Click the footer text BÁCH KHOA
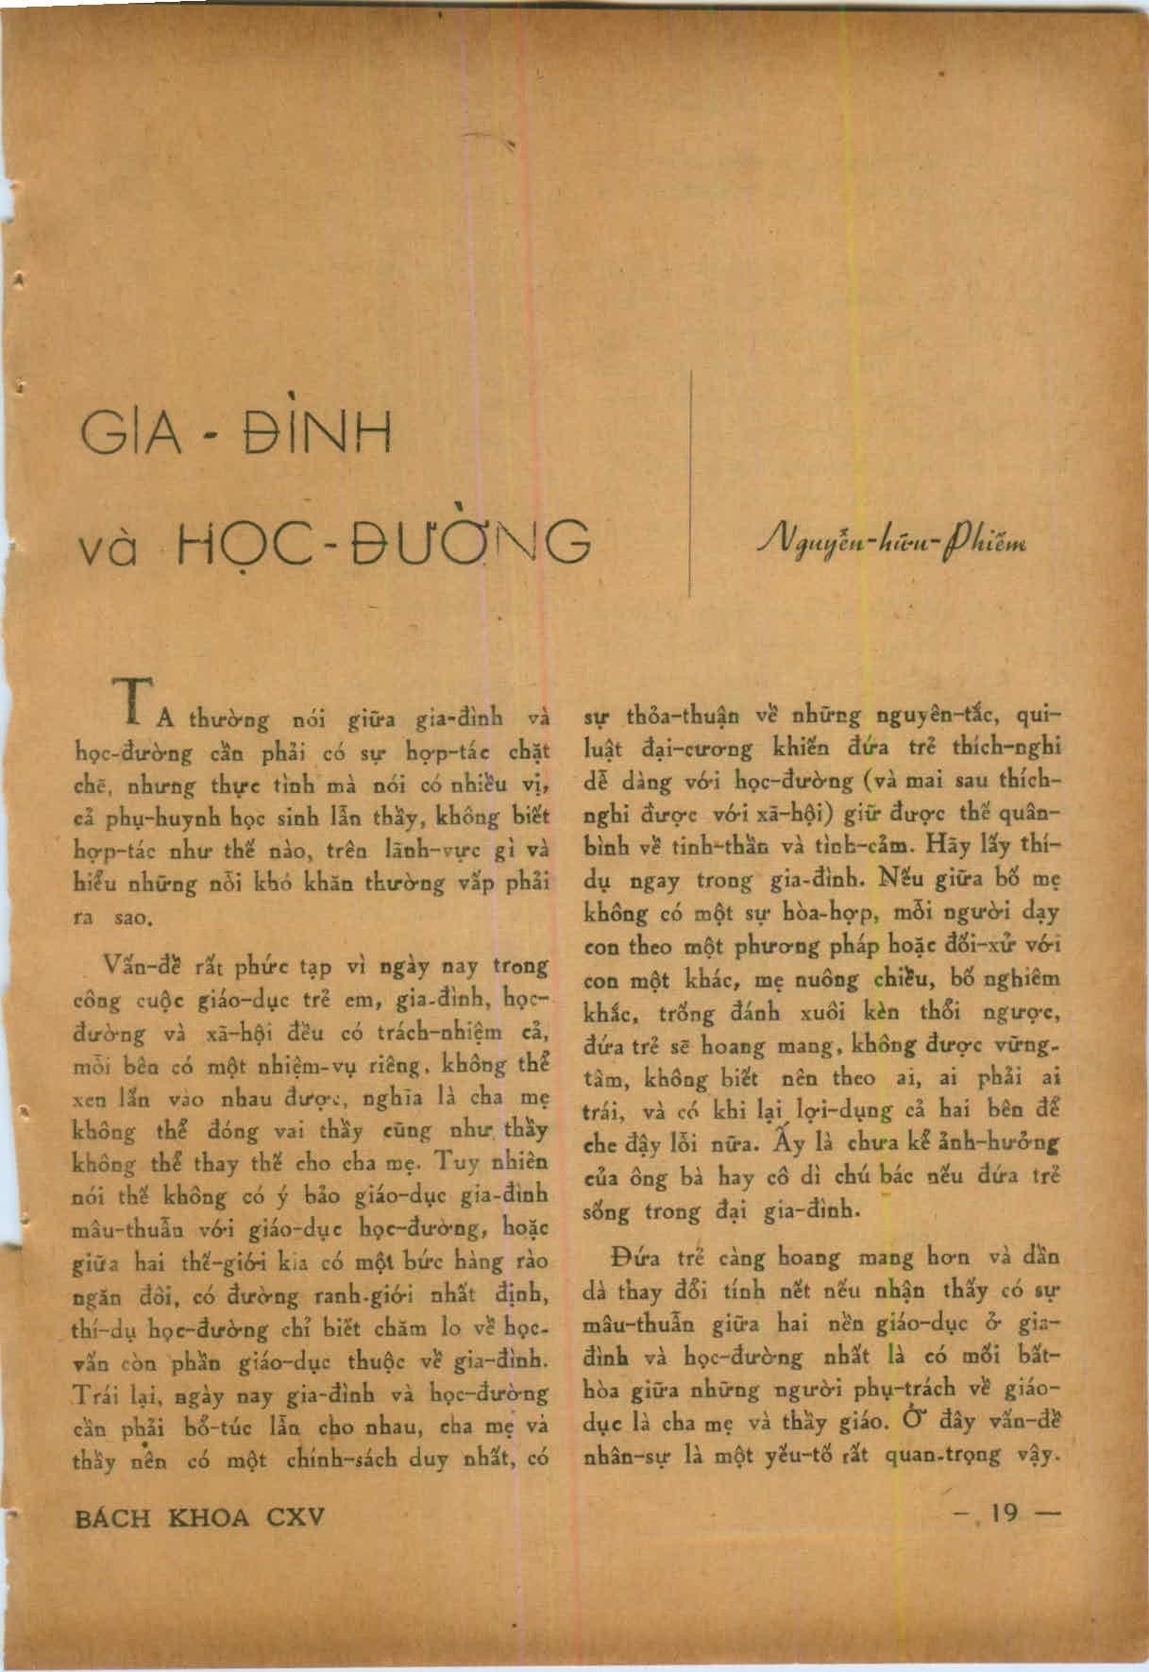[x=161, y=1517]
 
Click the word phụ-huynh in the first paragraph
[x=142, y=818]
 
